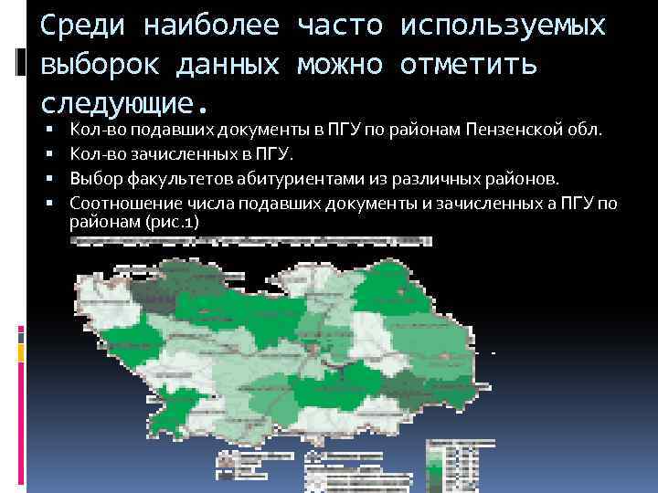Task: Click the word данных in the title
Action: click(x=241, y=65)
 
